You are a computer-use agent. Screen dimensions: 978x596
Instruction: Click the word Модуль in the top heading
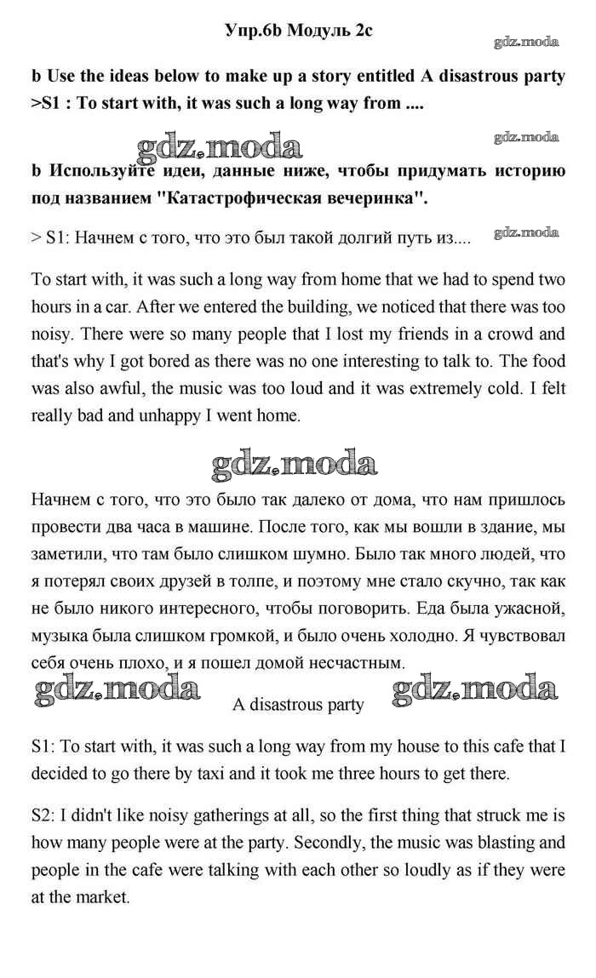tap(317, 31)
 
